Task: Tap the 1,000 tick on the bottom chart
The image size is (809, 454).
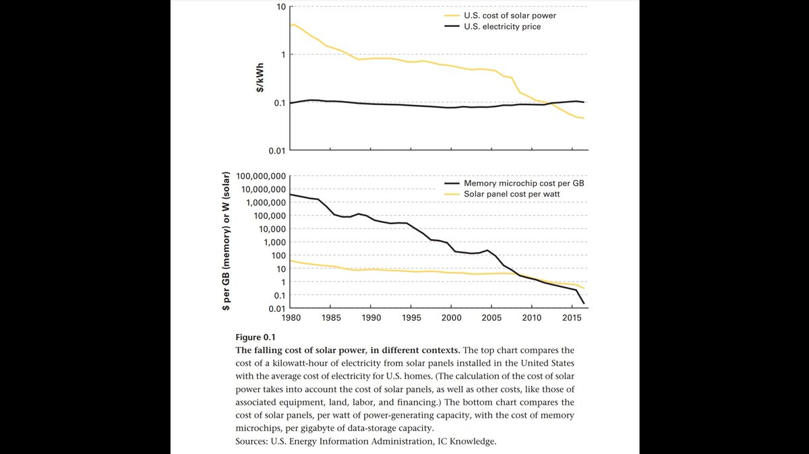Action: tap(275, 242)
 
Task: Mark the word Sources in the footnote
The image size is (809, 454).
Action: tap(251, 442)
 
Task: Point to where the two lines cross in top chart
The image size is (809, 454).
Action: tap(549, 103)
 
